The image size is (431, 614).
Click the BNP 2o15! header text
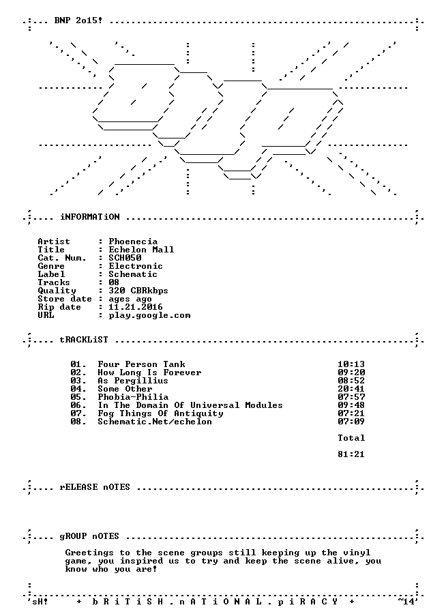[78, 20]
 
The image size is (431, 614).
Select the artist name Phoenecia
[133, 242]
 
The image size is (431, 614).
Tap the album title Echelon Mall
[141, 250]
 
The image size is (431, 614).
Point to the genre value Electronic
[136, 266]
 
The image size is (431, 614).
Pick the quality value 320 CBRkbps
[138, 291]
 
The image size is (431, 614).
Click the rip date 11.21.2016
[136, 308]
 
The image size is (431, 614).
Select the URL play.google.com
[149, 316]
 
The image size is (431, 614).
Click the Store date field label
[65, 299]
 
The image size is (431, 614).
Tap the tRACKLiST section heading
[84, 340]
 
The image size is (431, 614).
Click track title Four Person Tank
[141, 364]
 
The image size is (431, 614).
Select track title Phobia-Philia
[133, 397]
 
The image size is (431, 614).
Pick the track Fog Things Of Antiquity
[160, 413]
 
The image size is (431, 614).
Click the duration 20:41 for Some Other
[351, 389]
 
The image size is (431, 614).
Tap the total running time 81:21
[351, 454]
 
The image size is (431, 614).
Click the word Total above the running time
[351, 438]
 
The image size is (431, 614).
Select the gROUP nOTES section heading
[89, 536]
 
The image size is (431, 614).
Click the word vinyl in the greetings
[357, 553]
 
